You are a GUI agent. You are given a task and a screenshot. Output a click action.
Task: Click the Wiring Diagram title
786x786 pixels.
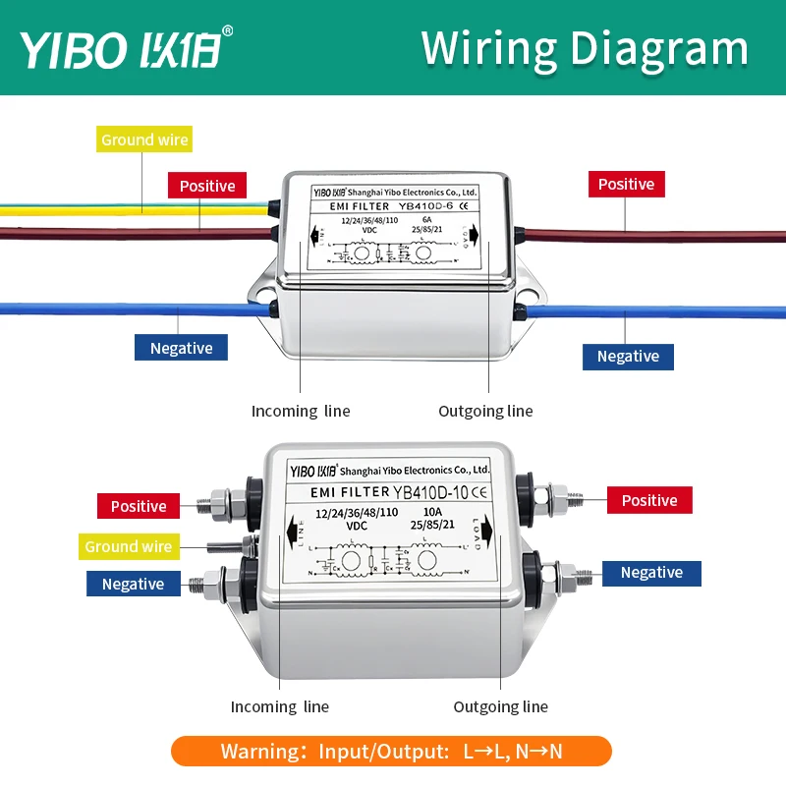pyautogui.click(x=585, y=48)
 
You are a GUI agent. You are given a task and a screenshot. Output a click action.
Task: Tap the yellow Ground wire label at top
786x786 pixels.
pyautogui.click(x=144, y=140)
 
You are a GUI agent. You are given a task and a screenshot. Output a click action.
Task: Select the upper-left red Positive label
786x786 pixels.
pyautogui.click(x=207, y=186)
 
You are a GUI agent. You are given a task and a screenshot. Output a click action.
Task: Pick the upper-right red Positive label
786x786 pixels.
pyautogui.click(x=626, y=184)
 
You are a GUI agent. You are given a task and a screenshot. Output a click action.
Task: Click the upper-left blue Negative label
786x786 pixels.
pyautogui.click(x=181, y=348)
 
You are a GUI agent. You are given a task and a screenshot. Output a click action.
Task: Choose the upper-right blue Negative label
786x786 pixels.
pyautogui.click(x=628, y=356)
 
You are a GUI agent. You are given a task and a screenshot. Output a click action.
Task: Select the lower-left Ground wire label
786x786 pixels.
pyautogui.click(x=128, y=547)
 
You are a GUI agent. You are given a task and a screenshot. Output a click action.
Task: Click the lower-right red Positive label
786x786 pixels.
pyautogui.click(x=649, y=500)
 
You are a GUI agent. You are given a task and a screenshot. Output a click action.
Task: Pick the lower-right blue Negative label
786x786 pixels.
pyautogui.click(x=651, y=573)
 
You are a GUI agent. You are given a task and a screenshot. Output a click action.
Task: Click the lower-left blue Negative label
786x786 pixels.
pyautogui.click(x=133, y=584)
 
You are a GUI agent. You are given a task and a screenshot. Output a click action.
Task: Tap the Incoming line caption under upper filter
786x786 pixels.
pyautogui.click(x=301, y=412)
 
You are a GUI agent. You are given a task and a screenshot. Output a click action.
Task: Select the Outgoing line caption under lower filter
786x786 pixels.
pyautogui.click(x=500, y=706)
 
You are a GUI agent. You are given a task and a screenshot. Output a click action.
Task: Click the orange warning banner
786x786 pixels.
pyautogui.click(x=391, y=752)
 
